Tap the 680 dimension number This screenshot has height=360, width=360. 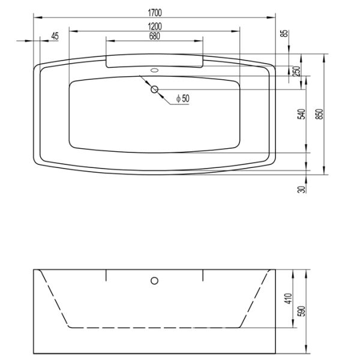coord(155,35)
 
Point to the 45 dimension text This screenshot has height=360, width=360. coord(55,36)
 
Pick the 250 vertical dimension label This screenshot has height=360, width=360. coord(296,70)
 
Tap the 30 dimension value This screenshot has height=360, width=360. coord(301,189)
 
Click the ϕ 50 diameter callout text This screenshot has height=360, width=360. coord(182,98)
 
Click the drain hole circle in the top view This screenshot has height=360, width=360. coord(155,90)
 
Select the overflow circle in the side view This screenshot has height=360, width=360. coord(154,280)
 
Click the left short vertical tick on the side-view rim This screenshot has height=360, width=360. coord(106,275)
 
